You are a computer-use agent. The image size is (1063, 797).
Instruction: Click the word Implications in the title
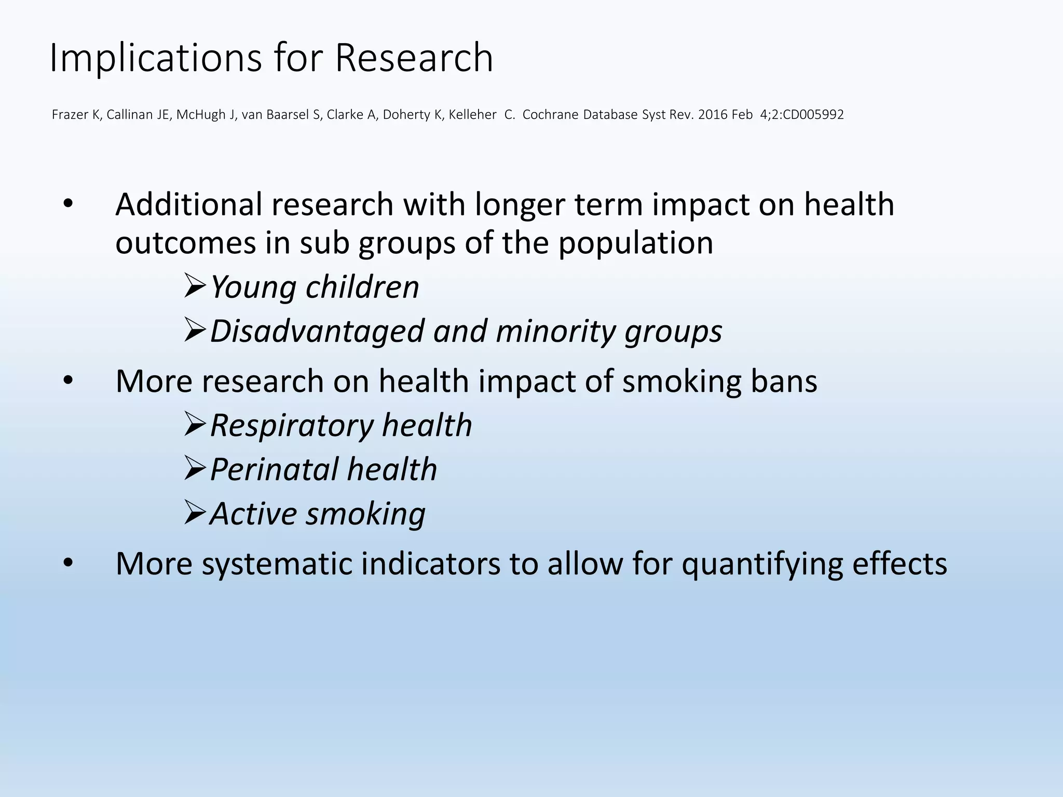click(155, 58)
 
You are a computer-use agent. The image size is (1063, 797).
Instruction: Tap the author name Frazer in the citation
click(71, 115)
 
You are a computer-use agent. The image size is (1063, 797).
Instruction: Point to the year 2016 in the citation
click(713, 115)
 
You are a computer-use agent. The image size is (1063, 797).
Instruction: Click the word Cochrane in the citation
click(550, 115)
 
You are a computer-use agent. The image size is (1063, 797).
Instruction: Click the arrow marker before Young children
click(196, 286)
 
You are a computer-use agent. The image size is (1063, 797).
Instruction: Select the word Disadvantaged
click(317, 331)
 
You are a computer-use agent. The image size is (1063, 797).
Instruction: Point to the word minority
click(555, 331)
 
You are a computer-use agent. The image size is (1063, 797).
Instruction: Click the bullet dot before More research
click(67, 381)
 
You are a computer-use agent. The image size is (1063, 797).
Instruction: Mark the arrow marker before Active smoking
click(196, 513)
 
